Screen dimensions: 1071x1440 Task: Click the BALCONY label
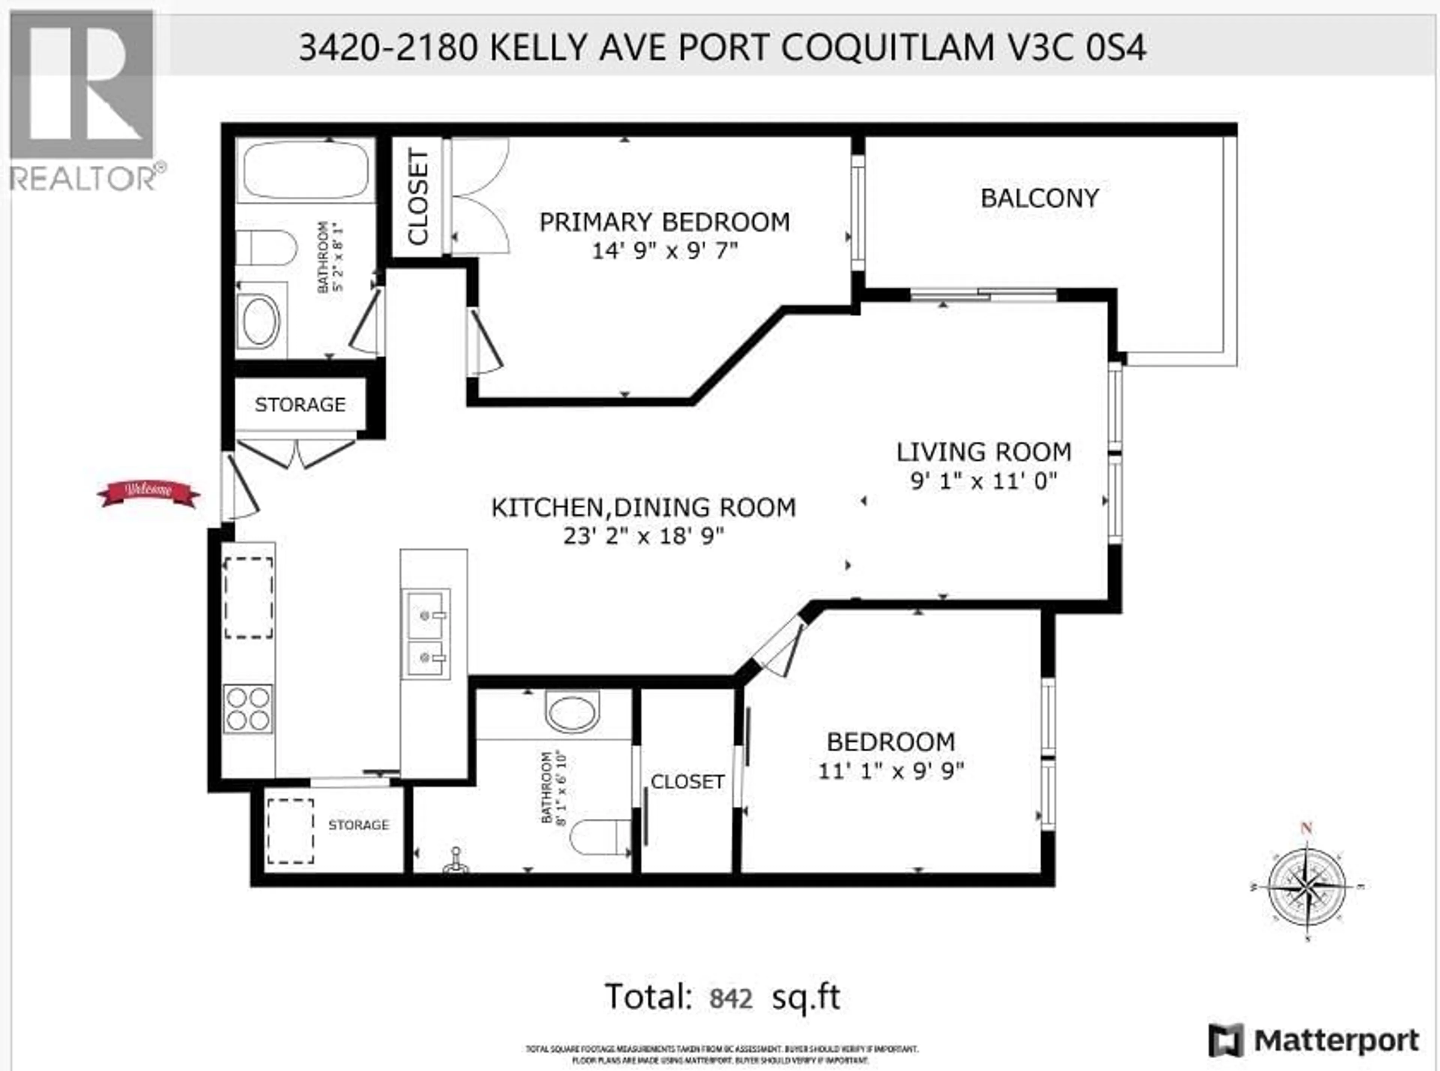(1039, 198)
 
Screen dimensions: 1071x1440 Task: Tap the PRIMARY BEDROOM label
(664, 222)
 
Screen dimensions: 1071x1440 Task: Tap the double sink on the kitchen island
(425, 634)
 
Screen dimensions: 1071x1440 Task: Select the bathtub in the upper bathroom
(305, 170)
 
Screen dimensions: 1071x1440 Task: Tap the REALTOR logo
(83, 100)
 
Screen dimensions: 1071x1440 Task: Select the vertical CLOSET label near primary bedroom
(417, 197)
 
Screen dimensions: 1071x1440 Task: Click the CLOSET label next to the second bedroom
(687, 782)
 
